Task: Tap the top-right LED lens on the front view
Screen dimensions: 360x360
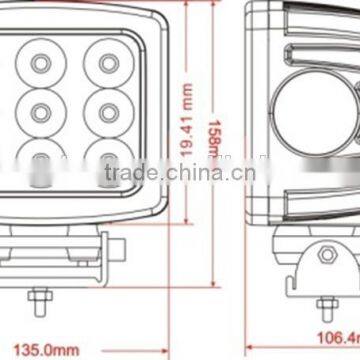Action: click(103, 63)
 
